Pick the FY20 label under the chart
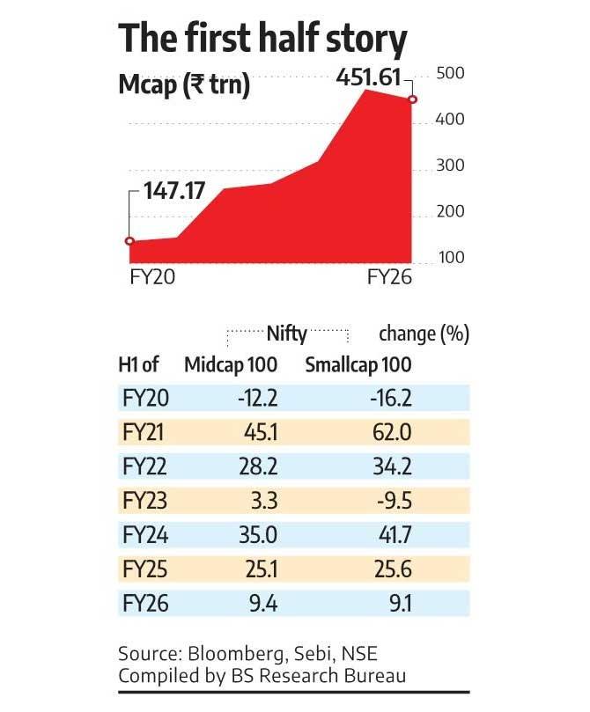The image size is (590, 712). click(147, 277)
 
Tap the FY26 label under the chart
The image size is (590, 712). click(388, 277)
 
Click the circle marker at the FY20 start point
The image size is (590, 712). click(129, 241)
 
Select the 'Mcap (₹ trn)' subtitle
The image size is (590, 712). click(184, 85)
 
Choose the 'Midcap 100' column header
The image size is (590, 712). click(230, 364)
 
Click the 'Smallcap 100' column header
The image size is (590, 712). click(358, 364)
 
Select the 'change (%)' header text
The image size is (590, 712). click(424, 334)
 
